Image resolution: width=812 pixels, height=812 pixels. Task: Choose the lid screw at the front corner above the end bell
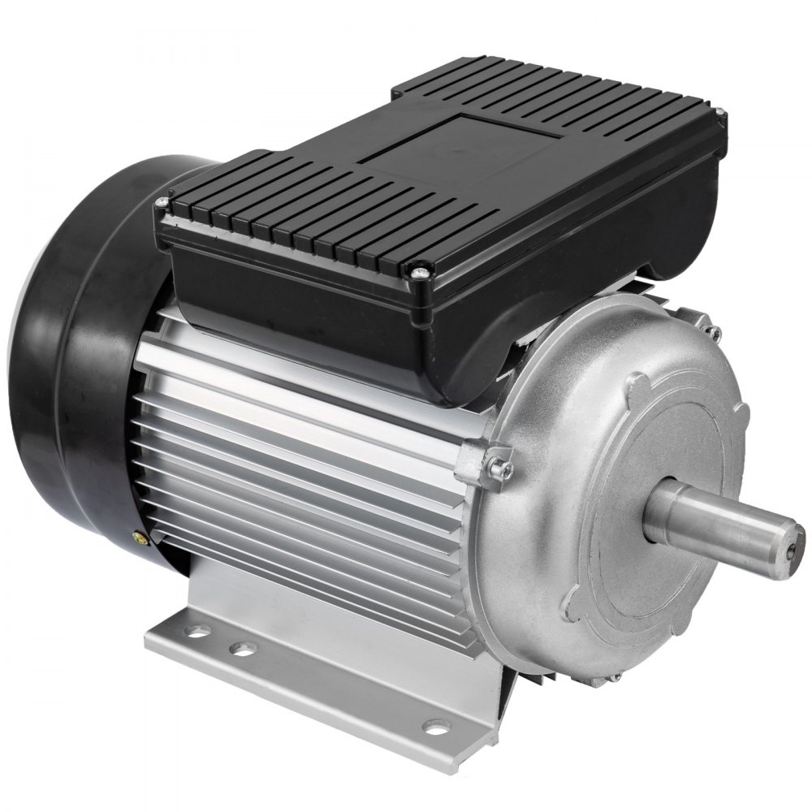420,274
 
